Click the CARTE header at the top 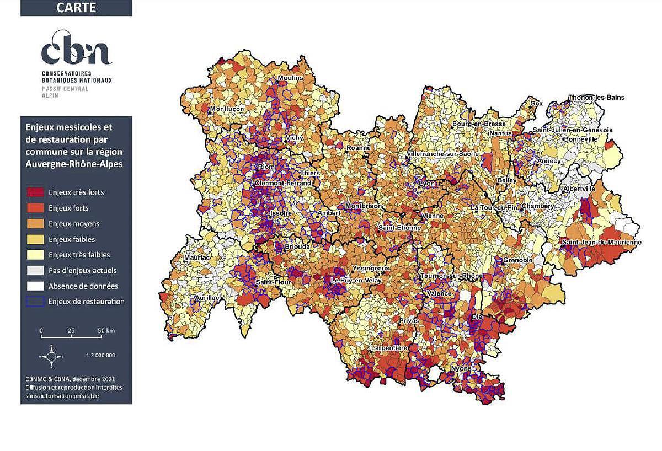(x=76, y=8)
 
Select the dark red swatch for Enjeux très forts (x=36, y=192)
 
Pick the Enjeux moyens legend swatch (x=36, y=224)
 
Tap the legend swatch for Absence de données (x=36, y=286)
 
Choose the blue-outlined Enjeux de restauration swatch (x=36, y=302)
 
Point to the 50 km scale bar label (x=106, y=331)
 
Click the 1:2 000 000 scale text (x=101, y=356)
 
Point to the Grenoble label (x=517, y=260)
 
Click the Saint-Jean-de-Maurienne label (x=601, y=243)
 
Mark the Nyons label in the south (x=461, y=368)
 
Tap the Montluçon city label (x=226, y=109)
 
